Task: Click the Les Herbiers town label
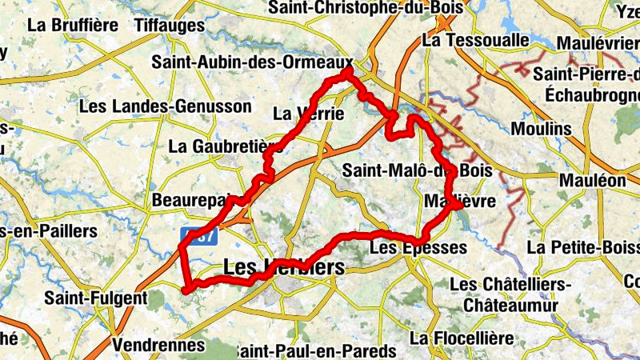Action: pyautogui.click(x=284, y=269)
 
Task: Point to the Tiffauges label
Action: pyautogui.click(x=170, y=26)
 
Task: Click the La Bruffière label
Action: pyautogui.click(x=73, y=24)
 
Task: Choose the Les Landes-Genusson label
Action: pyautogui.click(x=165, y=106)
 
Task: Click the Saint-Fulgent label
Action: pyautogui.click(x=96, y=298)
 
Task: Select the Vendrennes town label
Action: pyautogui.click(x=159, y=345)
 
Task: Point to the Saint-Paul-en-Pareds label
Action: pyautogui.click(x=316, y=351)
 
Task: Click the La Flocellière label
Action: pyautogui.click(x=462, y=338)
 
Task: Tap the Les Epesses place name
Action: pyautogui.click(x=418, y=248)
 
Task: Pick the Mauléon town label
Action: pyautogui.click(x=592, y=180)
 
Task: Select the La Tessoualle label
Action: pyautogui.click(x=476, y=39)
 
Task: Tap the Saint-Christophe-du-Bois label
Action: pyautogui.click(x=367, y=7)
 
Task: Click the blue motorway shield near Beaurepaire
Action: pyautogui.click(x=198, y=236)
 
